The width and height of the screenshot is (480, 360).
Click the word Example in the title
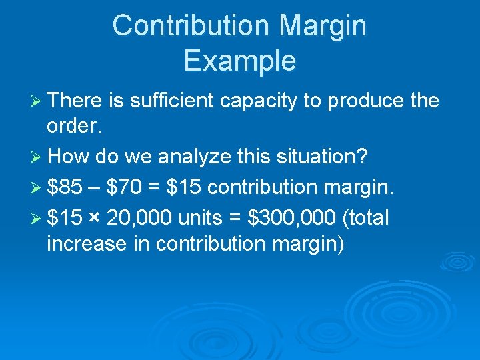pos(239,61)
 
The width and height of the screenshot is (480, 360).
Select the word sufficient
pos(171,101)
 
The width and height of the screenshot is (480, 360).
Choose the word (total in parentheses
pos(365,217)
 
